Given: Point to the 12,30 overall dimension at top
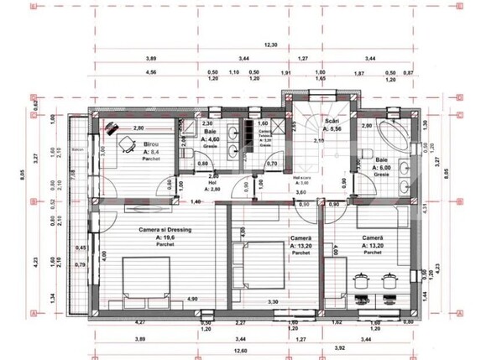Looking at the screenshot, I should coord(269,44).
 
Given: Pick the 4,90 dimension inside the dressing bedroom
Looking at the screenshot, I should coord(191,299).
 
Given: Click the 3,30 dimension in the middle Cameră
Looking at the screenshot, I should coord(272,301).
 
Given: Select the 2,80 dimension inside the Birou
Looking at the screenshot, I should coord(138,127).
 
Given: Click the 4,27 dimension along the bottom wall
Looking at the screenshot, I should coord(141,322).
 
